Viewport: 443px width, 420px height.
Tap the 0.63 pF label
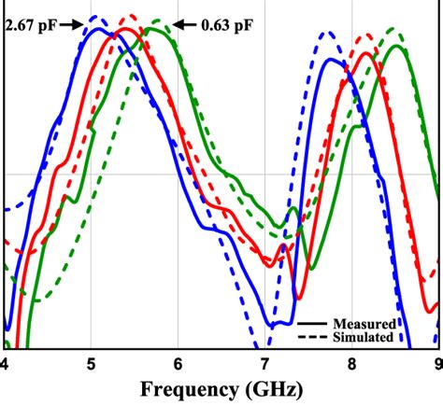226,26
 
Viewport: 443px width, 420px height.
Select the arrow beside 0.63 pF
184,26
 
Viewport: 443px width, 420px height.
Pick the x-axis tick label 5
92,363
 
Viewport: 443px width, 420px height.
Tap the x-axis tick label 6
179,363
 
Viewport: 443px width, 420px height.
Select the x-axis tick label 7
265,363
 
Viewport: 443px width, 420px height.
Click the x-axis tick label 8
352,363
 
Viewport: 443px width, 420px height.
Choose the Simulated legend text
364,336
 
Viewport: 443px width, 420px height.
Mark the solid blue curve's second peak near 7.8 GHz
330,61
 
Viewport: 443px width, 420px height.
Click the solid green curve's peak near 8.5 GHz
397,46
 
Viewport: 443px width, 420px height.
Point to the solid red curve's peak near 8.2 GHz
368,53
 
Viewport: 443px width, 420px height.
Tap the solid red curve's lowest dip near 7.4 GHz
299,298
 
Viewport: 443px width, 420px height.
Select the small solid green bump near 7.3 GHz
294,209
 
